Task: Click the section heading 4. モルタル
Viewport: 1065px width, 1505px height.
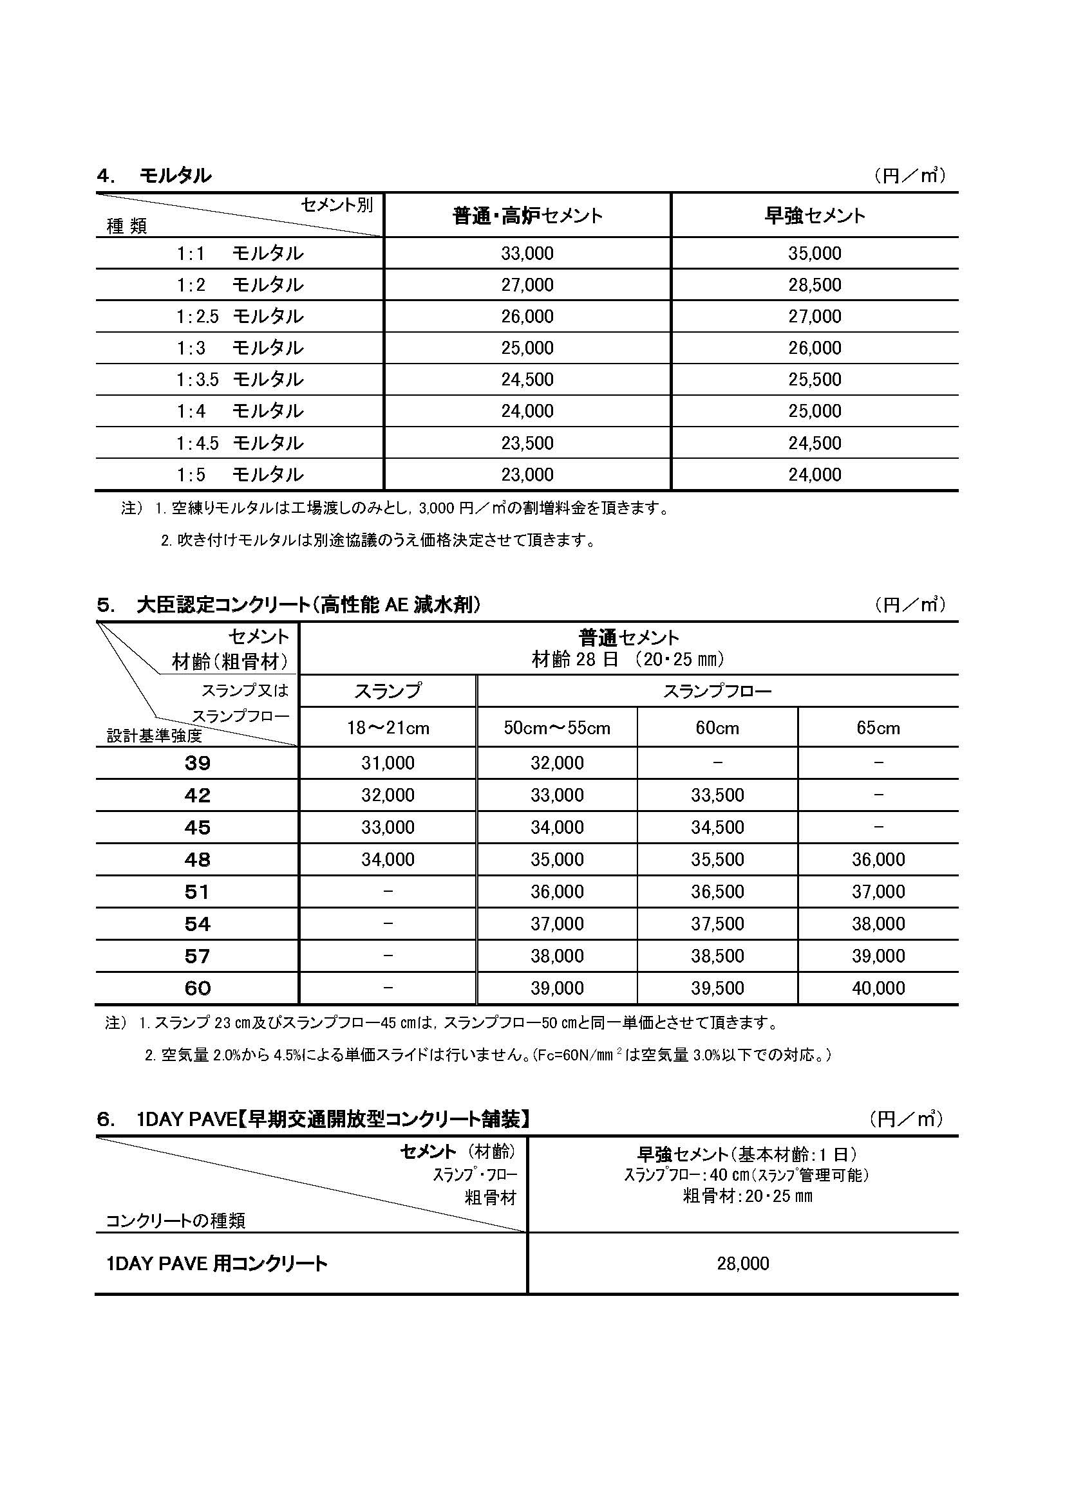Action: click(154, 176)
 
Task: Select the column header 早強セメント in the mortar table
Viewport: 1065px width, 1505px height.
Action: click(815, 216)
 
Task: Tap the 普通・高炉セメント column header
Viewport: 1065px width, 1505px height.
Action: click(527, 216)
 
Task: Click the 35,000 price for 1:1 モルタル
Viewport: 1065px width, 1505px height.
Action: click(815, 254)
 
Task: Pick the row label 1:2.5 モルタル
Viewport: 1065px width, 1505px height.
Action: click(240, 317)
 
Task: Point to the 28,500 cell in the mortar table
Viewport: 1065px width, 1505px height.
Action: click(815, 285)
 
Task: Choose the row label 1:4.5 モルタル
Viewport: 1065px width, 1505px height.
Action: click(240, 443)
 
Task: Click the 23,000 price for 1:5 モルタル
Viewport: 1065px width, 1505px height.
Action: click(527, 475)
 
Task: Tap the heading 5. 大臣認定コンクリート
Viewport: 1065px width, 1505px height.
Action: click(288, 604)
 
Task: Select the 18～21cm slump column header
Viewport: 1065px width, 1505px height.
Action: click(388, 728)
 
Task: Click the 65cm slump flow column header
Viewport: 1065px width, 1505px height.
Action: click(878, 728)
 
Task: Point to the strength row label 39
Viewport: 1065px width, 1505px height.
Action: click(198, 763)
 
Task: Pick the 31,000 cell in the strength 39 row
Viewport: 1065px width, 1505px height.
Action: click(388, 763)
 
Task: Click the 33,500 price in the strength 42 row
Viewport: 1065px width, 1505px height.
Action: click(717, 795)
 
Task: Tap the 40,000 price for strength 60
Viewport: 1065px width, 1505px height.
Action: click(878, 988)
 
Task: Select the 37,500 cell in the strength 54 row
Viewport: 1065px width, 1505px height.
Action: click(717, 923)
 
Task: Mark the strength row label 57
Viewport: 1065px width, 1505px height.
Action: click(198, 956)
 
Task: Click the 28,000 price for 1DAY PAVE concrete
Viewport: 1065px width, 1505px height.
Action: click(742, 1263)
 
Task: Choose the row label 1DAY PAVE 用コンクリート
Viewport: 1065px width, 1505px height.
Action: click(216, 1263)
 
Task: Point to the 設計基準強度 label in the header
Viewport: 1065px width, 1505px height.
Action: click(154, 736)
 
